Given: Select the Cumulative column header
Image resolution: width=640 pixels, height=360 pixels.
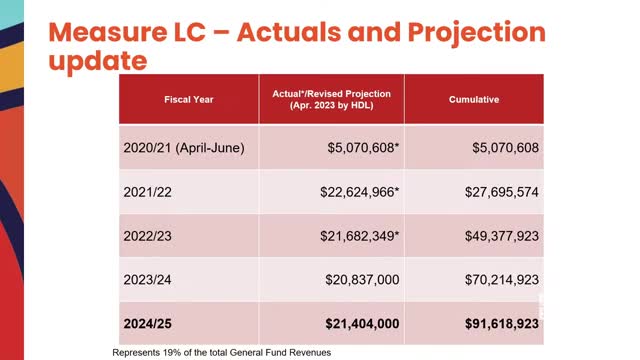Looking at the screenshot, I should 474,100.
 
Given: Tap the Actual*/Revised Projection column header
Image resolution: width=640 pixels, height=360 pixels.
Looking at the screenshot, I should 331,100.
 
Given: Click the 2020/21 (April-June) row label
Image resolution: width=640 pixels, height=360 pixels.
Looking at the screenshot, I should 184,148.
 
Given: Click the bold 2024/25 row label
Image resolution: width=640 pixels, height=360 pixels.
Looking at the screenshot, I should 150,324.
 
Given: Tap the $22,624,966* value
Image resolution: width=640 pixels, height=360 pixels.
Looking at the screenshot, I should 360,191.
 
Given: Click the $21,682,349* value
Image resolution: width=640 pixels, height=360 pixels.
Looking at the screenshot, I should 360,235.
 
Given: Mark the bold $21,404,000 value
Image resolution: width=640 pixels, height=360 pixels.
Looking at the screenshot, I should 362,324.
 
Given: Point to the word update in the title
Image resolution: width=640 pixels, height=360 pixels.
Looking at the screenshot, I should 98,61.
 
